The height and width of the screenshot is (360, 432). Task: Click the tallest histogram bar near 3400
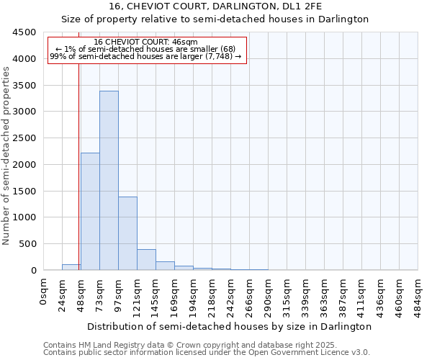[x=109, y=180]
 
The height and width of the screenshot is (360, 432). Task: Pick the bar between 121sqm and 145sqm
[x=146, y=260]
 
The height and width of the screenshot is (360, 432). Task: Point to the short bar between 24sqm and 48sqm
[x=71, y=267]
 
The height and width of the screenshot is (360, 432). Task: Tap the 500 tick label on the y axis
[x=27, y=244]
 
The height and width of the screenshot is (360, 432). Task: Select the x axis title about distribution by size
[x=230, y=326]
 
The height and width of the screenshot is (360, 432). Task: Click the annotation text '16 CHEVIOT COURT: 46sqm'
[x=146, y=42]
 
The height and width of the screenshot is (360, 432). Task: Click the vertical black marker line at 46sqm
[x=78, y=180]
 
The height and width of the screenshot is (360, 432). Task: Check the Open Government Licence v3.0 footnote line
[x=206, y=352]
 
